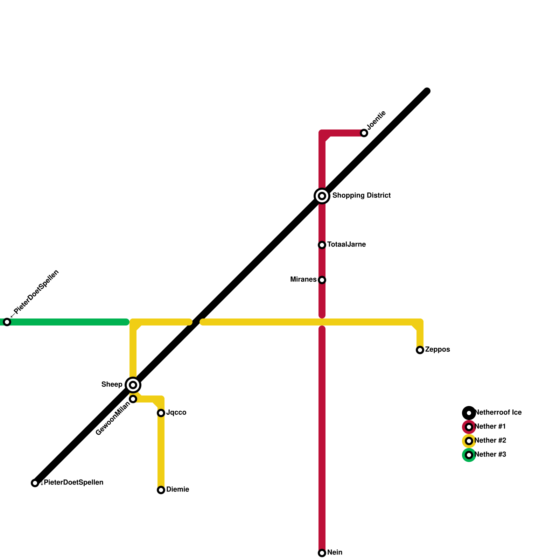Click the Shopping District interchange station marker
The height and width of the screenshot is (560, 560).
[x=322, y=196]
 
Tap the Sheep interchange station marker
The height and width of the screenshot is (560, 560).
[x=133, y=385]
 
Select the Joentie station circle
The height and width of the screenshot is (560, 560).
[x=364, y=133]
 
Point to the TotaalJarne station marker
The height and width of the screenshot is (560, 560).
[x=322, y=245]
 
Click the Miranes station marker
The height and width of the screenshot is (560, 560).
[x=322, y=280]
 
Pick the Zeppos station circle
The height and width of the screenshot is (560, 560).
[x=420, y=350]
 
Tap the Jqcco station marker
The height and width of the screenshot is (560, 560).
[x=161, y=413]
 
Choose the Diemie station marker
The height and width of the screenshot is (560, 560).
[x=161, y=490]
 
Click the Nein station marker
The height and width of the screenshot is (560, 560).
[x=322, y=553]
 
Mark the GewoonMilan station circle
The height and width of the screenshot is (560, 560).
[x=133, y=399]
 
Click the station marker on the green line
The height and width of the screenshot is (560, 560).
[x=7, y=322]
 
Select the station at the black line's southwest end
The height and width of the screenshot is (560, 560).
[x=35, y=483]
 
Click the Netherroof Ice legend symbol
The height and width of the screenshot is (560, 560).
[x=469, y=413]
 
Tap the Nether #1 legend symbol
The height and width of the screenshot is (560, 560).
[x=469, y=427]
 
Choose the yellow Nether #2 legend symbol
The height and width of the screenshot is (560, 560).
[x=469, y=441]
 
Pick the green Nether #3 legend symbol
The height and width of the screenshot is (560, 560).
[x=469, y=455]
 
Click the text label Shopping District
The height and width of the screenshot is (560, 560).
[x=361, y=195]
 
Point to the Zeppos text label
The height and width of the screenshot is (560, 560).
[x=437, y=350]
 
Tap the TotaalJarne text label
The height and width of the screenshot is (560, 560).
[x=346, y=245]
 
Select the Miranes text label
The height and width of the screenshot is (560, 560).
[x=303, y=280]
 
